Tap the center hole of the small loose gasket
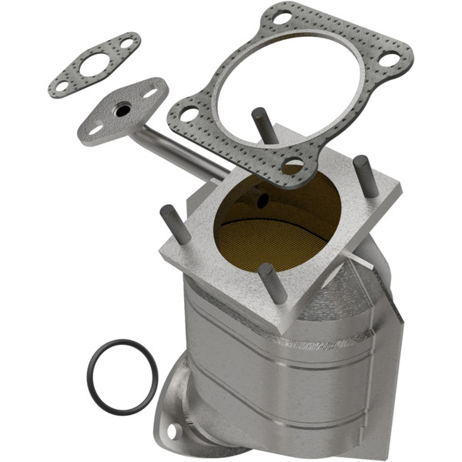[94, 64]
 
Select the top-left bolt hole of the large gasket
[283, 16]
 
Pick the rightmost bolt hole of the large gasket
[390, 59]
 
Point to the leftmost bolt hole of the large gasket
[189, 114]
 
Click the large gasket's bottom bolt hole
[293, 163]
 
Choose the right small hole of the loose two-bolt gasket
[126, 44]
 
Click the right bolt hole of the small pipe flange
[150, 94]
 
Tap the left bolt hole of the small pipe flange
[95, 130]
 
